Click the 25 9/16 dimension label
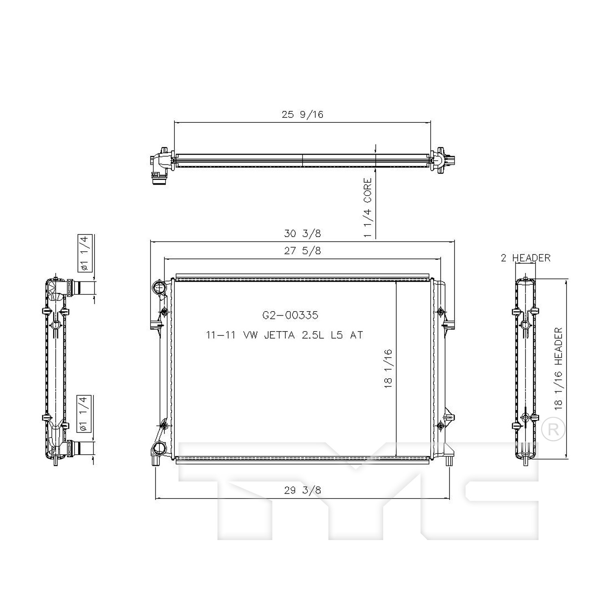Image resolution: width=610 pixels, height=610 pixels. [303, 115]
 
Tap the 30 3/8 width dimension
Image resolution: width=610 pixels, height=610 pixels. [303, 233]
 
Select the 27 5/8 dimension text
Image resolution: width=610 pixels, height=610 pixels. [303, 251]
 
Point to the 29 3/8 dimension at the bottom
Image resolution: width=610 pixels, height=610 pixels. [303, 490]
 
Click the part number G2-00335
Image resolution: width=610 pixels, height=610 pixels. [290, 315]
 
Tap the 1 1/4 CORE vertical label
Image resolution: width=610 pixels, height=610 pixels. [368, 208]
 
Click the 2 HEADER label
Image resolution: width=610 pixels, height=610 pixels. [525, 258]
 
